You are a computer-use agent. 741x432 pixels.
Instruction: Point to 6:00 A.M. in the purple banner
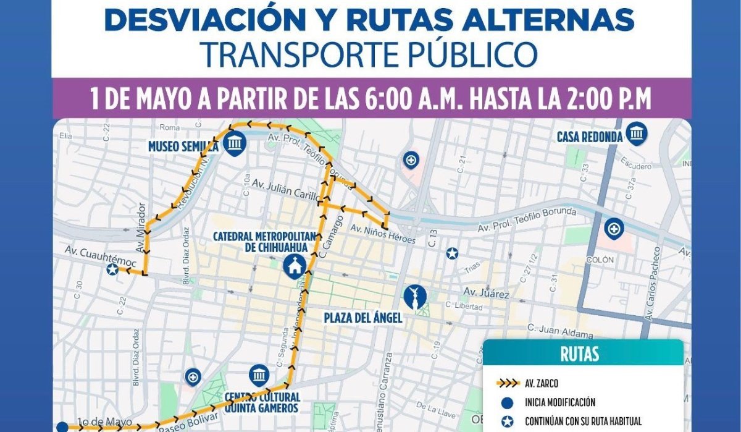click(430, 99)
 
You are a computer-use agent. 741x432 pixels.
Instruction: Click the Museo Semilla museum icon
click(235, 143)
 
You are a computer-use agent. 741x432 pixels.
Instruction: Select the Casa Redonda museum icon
click(636, 133)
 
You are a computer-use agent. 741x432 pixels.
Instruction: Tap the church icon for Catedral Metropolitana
click(293, 266)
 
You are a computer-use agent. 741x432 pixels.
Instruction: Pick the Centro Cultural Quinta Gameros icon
click(259, 375)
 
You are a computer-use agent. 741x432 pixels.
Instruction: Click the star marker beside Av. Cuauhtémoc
click(112, 269)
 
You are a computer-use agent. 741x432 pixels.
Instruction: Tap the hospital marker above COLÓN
click(613, 229)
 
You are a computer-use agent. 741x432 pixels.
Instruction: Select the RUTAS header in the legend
click(580, 355)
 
